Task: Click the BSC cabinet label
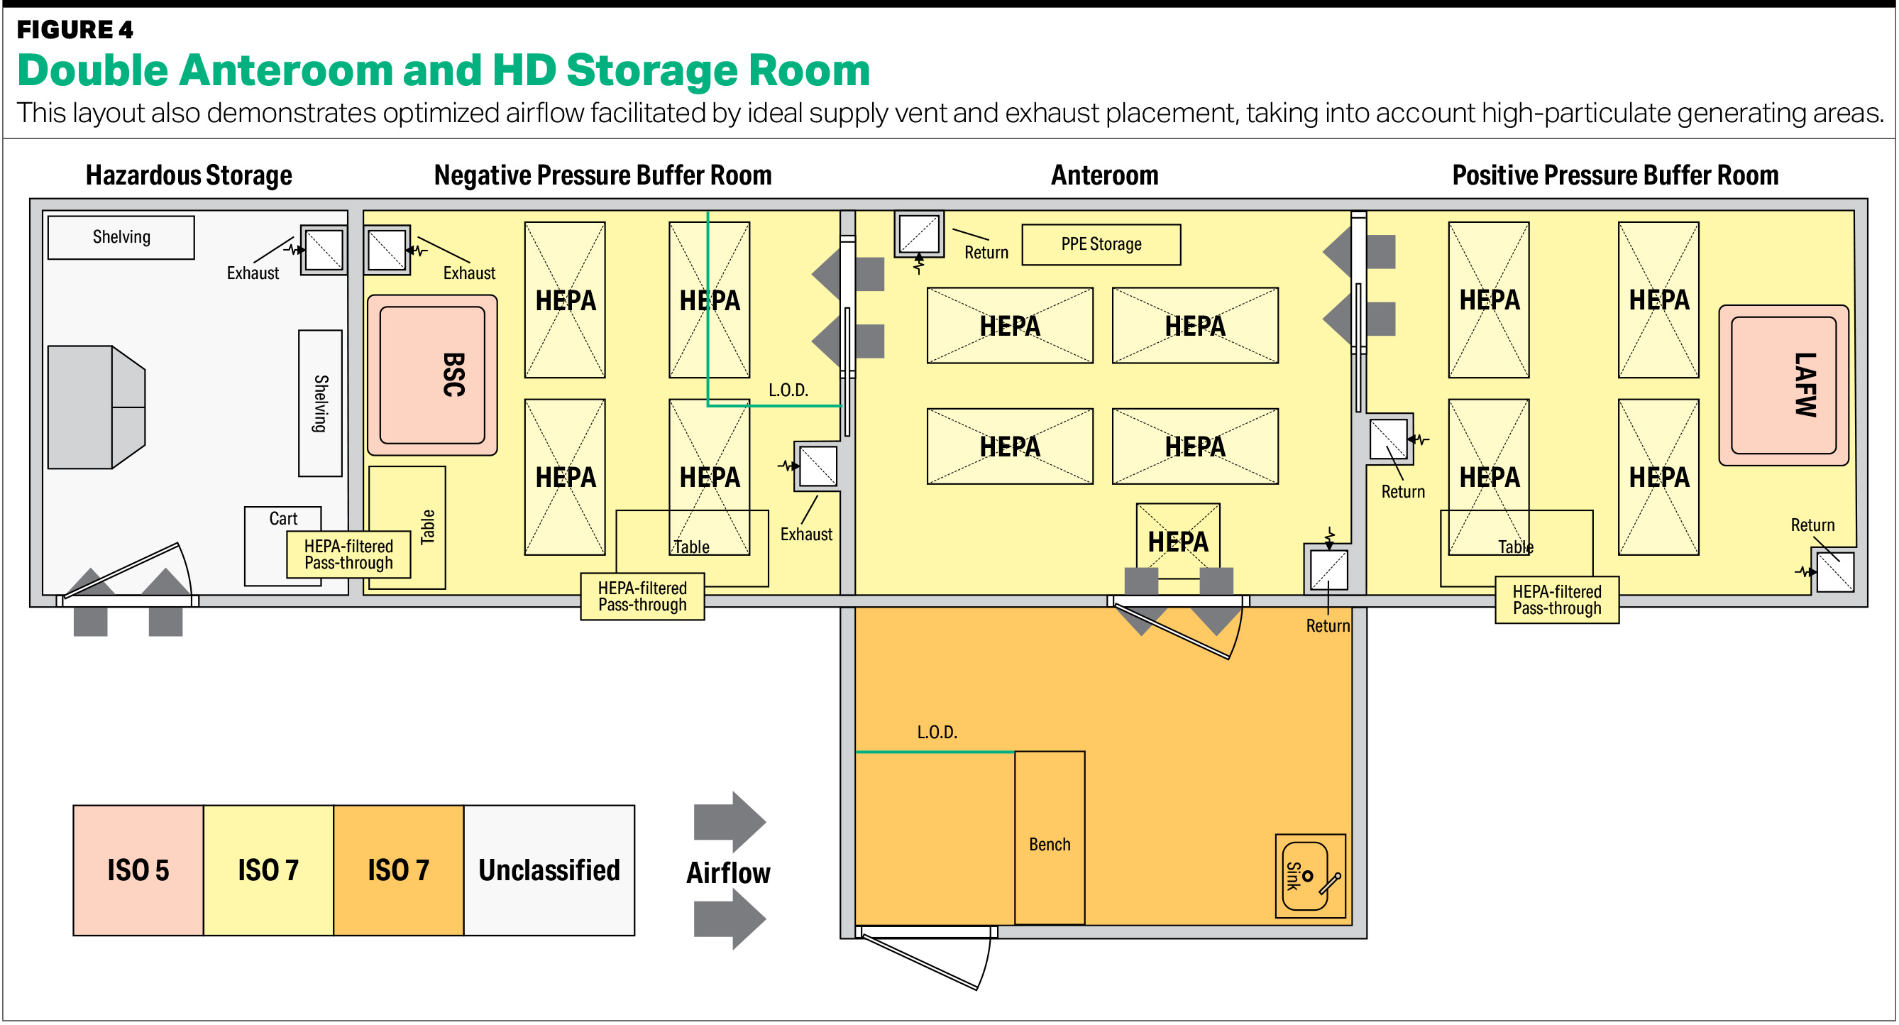coord(453,375)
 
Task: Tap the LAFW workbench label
coord(1804,385)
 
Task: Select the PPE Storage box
coord(1101,244)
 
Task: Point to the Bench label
coord(1049,844)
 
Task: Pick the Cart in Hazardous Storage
coord(283,518)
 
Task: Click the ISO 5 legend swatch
coord(138,870)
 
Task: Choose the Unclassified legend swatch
coord(549,870)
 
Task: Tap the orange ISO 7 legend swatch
coord(398,870)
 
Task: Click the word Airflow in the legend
coord(728,873)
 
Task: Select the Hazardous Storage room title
coord(189,175)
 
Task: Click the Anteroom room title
coord(1104,175)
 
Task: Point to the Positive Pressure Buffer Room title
coord(1614,175)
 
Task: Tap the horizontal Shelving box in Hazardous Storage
coord(121,236)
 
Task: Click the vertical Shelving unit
coord(320,402)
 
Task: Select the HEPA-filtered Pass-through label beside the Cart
coord(348,554)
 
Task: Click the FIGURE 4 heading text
coord(75,30)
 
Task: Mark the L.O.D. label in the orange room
coord(937,733)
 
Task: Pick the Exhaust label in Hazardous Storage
coord(253,273)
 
